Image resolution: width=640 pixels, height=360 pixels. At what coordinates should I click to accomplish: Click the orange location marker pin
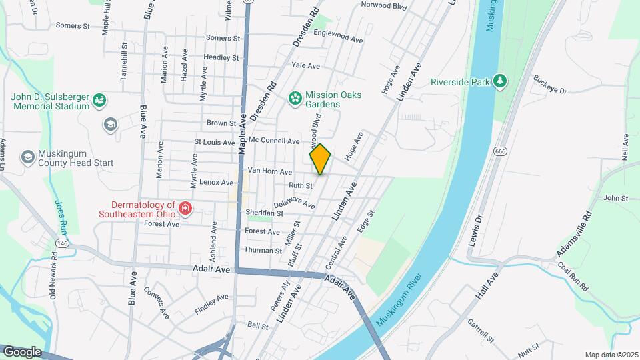[x=320, y=159]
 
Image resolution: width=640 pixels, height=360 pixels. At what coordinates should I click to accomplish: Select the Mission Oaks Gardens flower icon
[x=295, y=99]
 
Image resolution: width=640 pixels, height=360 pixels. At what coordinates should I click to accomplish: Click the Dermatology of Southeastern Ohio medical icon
[x=185, y=210]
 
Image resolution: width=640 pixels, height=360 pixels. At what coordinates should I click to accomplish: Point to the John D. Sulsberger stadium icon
[x=100, y=101]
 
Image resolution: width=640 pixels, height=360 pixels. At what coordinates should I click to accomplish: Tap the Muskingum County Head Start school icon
[x=28, y=157]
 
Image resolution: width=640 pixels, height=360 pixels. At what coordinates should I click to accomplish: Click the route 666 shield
[x=500, y=152]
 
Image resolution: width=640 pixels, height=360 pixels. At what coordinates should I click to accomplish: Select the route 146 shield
[x=63, y=244]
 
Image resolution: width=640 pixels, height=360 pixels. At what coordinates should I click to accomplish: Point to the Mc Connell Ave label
[x=274, y=141]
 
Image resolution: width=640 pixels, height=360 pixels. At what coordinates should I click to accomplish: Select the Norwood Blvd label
[x=383, y=5]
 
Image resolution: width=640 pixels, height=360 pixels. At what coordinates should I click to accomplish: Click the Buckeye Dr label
[x=549, y=85]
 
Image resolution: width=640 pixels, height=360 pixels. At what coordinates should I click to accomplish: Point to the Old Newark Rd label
[x=53, y=277]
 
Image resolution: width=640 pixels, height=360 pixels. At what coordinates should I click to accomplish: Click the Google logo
[x=21, y=352]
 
